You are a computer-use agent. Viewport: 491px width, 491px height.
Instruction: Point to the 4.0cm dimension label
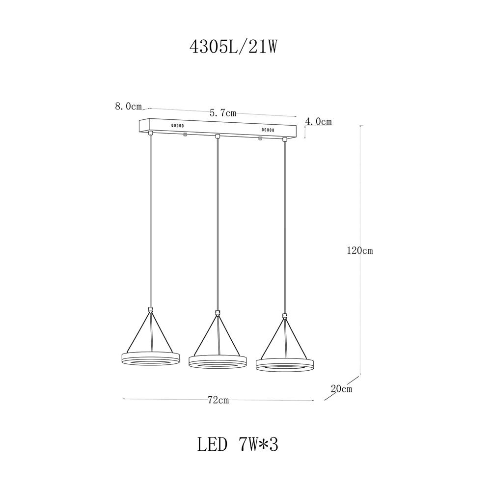coord(319,121)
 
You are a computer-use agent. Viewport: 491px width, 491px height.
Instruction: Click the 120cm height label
coord(360,250)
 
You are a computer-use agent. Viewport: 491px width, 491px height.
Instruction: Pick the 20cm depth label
coord(341,389)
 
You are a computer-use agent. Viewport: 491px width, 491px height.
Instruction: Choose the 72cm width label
coord(218,400)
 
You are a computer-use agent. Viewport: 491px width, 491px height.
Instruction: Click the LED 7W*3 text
coord(238,445)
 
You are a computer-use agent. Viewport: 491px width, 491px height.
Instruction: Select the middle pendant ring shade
coord(218,362)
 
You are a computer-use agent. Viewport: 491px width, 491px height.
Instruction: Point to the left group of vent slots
coord(177,126)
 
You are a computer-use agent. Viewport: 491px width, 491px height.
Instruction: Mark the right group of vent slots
coord(268,130)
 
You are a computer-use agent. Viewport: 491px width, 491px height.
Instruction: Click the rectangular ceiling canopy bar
coord(219,128)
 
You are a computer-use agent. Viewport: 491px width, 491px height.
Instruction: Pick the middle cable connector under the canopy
coord(218,136)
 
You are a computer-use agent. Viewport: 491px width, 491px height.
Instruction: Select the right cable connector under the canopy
coord(284,140)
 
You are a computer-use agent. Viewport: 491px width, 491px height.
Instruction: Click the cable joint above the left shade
coord(151,310)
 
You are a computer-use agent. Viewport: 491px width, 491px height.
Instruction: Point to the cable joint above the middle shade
coord(218,313)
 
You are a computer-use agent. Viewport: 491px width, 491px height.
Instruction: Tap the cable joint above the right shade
coord(284,316)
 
